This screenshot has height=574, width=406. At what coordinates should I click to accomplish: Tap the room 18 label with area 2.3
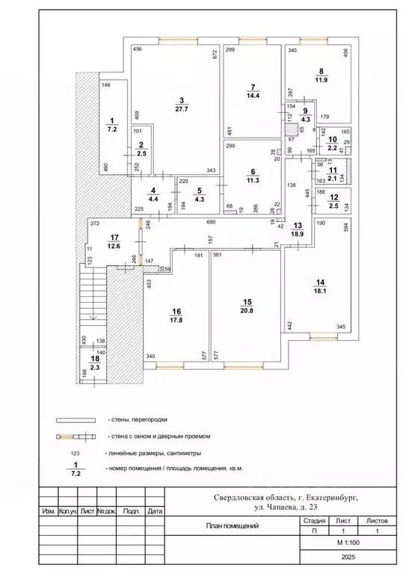(95, 367)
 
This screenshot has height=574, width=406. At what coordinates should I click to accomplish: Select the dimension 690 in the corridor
(211, 223)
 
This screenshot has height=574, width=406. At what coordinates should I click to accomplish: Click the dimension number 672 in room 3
(214, 55)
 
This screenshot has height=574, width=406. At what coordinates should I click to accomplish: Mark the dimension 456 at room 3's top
(138, 49)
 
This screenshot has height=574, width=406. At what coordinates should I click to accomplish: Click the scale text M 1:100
(345, 543)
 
